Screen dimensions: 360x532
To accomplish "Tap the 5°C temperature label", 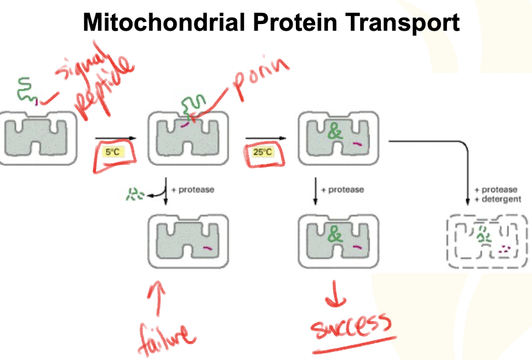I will [x=113, y=152].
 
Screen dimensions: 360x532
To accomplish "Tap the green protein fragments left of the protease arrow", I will [x=132, y=194].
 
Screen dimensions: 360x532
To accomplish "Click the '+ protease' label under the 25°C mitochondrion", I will [x=342, y=189].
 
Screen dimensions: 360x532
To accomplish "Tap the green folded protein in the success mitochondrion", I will [x=335, y=235].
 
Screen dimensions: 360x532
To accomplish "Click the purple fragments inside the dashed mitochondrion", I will [x=504, y=250].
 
